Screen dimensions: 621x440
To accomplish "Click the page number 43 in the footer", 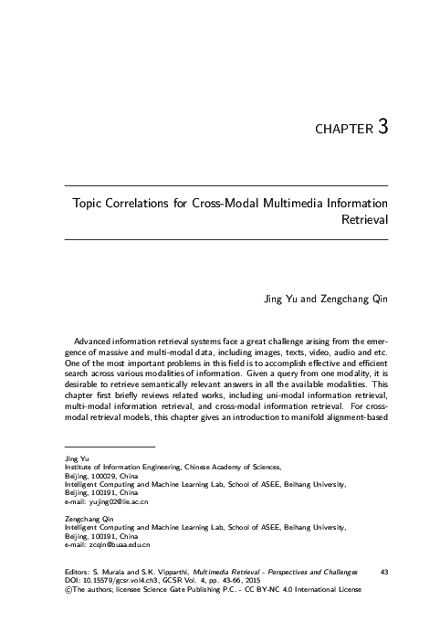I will point(383,572).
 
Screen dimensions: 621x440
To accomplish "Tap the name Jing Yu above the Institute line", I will point(67,458).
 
